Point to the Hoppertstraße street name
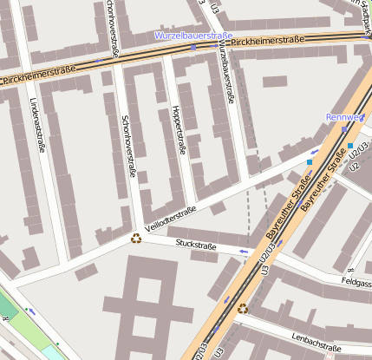click(x=179, y=129)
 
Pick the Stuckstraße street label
click(x=196, y=245)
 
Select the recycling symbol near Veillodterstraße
click(x=136, y=238)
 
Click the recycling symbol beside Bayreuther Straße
click(x=243, y=307)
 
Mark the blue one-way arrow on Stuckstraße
click(x=244, y=252)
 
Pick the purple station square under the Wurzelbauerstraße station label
click(x=193, y=48)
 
